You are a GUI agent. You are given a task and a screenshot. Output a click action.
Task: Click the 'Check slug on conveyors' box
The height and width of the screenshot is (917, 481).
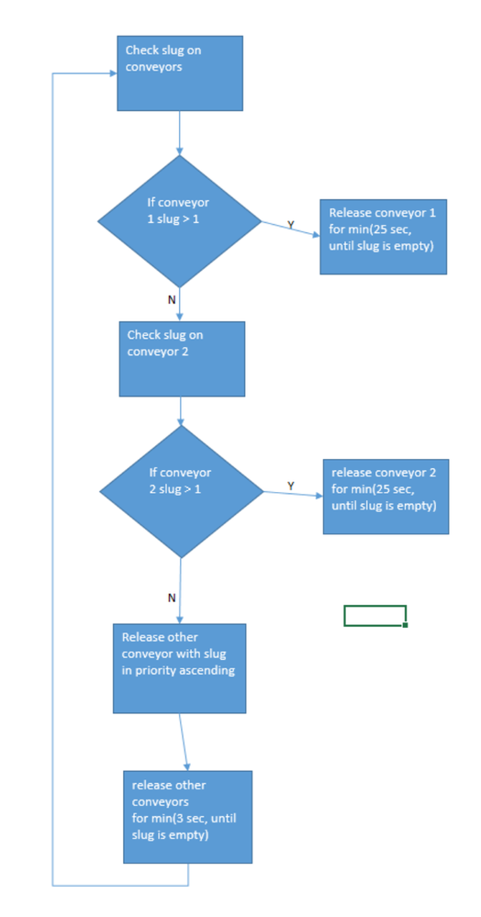tap(180, 73)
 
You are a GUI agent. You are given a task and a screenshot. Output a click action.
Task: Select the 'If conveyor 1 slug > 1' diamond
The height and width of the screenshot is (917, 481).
tap(179, 221)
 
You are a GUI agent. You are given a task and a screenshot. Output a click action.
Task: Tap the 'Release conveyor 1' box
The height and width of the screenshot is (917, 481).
tap(384, 236)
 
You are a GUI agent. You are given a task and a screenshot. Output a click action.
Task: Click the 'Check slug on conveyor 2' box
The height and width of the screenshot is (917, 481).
tap(182, 359)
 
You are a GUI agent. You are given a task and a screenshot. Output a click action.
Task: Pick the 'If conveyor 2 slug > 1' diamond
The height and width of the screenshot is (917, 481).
tap(182, 491)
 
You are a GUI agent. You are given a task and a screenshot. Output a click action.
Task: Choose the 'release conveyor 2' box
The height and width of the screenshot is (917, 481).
tap(386, 497)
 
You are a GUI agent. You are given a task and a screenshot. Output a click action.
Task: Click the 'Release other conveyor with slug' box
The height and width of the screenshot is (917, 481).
tap(179, 668)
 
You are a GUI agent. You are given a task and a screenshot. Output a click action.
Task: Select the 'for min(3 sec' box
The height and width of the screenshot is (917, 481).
tap(187, 817)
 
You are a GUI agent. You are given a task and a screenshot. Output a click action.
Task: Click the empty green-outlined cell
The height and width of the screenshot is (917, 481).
tap(375, 616)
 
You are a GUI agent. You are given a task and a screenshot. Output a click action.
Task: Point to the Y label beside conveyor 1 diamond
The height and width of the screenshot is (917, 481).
tap(290, 225)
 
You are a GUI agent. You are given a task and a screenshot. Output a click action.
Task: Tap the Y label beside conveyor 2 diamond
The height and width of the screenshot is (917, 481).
tap(291, 486)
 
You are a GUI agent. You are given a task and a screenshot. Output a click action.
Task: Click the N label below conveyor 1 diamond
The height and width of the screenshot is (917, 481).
tap(172, 299)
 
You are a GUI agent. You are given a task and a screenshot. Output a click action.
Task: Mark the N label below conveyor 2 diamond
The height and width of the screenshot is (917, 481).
tap(172, 598)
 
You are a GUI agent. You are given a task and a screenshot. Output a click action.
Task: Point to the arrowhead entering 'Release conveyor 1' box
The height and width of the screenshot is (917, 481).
tap(316, 235)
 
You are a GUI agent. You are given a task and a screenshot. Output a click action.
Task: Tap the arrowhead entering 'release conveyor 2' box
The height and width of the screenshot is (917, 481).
tap(319, 496)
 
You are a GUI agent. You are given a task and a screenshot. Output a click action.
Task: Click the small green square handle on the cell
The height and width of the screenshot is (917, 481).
tap(406, 625)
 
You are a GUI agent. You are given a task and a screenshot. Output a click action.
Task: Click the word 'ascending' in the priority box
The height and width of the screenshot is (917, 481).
tap(209, 670)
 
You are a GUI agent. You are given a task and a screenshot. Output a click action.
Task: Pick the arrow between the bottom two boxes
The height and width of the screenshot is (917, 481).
tap(184, 743)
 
